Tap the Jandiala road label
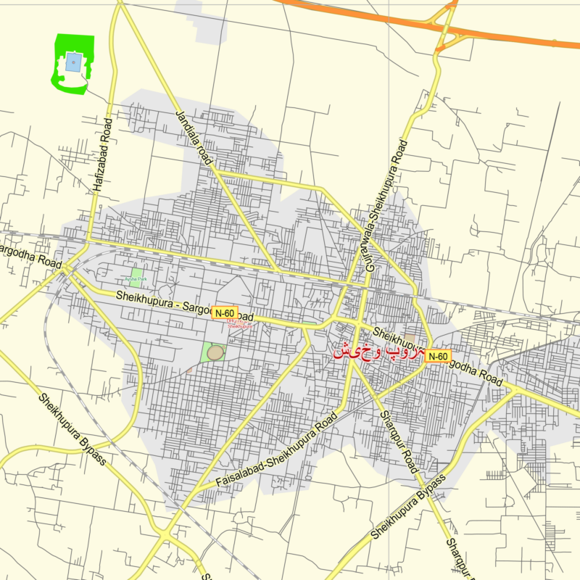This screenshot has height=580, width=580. [x=192, y=138]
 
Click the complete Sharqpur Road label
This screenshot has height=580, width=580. [x=398, y=442]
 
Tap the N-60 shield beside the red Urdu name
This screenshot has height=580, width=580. [x=437, y=356]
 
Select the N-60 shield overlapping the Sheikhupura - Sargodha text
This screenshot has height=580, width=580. [x=224, y=313]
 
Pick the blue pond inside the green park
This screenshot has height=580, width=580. [x=73, y=62]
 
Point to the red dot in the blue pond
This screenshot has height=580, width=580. [x=73, y=62]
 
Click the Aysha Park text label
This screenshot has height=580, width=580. [x=136, y=278]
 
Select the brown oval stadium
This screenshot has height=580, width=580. [x=215, y=352]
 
